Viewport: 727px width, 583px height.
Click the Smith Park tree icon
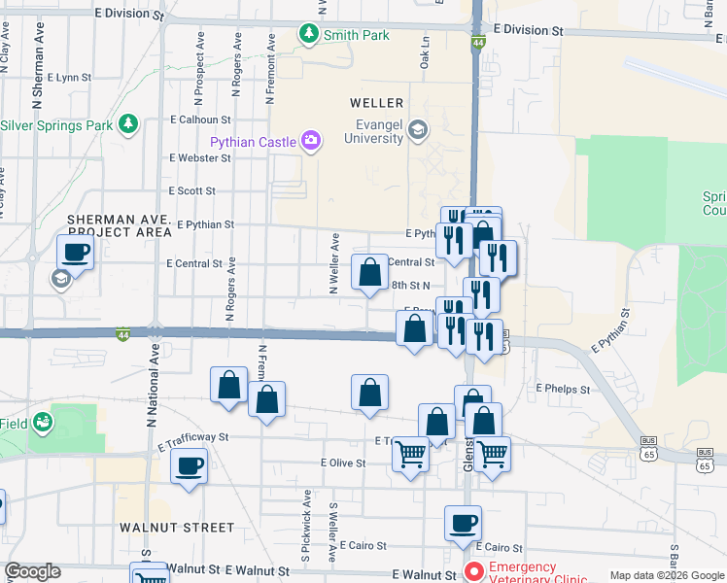310,35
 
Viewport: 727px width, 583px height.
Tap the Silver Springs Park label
57,125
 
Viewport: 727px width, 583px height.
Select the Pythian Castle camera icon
310,142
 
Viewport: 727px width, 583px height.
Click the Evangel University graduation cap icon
417,129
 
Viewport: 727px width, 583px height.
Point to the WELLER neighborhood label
377,103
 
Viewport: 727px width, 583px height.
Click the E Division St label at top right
528,30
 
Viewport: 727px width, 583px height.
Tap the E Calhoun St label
199,120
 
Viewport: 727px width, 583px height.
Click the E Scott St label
191,191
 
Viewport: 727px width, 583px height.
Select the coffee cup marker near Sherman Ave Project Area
76,253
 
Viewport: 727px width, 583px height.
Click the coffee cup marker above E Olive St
190,464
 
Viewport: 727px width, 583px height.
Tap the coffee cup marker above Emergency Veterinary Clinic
463,523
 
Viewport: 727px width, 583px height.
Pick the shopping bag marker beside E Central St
369,273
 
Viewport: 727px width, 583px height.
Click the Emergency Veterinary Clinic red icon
474,571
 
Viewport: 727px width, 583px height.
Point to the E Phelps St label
564,388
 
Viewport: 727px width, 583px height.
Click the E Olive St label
343,463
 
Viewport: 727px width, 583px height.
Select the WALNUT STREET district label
177,527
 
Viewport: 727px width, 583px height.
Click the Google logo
32,571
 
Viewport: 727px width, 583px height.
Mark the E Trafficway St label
192,438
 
